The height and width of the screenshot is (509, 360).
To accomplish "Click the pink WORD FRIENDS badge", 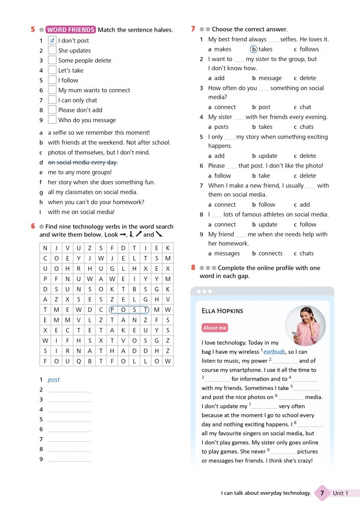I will (x=70, y=30).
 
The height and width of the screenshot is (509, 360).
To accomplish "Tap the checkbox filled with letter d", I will (x=52, y=40).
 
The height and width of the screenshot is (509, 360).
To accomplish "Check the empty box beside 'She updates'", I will (x=52, y=50).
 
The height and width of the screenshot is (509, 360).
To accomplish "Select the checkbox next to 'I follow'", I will (x=52, y=80).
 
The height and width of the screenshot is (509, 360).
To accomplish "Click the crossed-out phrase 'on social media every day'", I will (x=82, y=162).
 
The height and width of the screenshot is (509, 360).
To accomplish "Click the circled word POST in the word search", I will (x=129, y=309).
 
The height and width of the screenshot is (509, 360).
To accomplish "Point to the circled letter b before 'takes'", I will (x=254, y=49).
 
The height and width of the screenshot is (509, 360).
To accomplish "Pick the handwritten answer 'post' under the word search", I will (x=53, y=380).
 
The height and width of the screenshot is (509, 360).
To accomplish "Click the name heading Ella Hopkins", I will (x=223, y=310).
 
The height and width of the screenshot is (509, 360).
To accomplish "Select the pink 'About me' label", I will (x=214, y=328).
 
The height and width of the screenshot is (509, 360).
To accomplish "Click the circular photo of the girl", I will (x=306, y=326).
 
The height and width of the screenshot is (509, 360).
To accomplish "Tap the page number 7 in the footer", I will (x=321, y=493).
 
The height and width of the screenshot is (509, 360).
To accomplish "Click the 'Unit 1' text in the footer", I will (x=341, y=493).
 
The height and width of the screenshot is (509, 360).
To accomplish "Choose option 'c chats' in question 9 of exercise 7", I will (x=303, y=253).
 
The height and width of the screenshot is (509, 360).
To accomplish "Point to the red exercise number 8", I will (x=193, y=268).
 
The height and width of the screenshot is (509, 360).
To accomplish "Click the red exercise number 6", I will (x=33, y=227).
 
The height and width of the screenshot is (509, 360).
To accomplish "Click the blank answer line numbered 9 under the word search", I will (x=69, y=459).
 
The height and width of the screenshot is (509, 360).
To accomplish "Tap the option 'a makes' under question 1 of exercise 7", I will (x=219, y=49).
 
